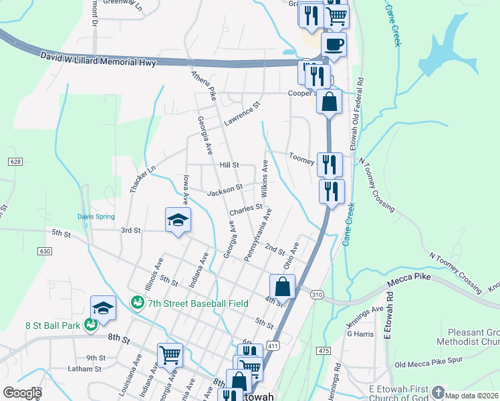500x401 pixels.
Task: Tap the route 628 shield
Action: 16,162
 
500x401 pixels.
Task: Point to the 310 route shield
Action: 317,294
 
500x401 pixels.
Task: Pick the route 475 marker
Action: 324,351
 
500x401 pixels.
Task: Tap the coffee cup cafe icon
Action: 333,45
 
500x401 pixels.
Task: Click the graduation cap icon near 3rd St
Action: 178,221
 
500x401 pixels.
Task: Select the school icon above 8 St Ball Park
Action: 103,307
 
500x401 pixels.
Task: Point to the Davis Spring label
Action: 96,217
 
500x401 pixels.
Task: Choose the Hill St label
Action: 229,164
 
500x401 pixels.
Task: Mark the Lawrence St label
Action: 241,114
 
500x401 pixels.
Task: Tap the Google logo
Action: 22,393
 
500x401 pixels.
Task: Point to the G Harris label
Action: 360,333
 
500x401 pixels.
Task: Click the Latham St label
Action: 84,368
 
